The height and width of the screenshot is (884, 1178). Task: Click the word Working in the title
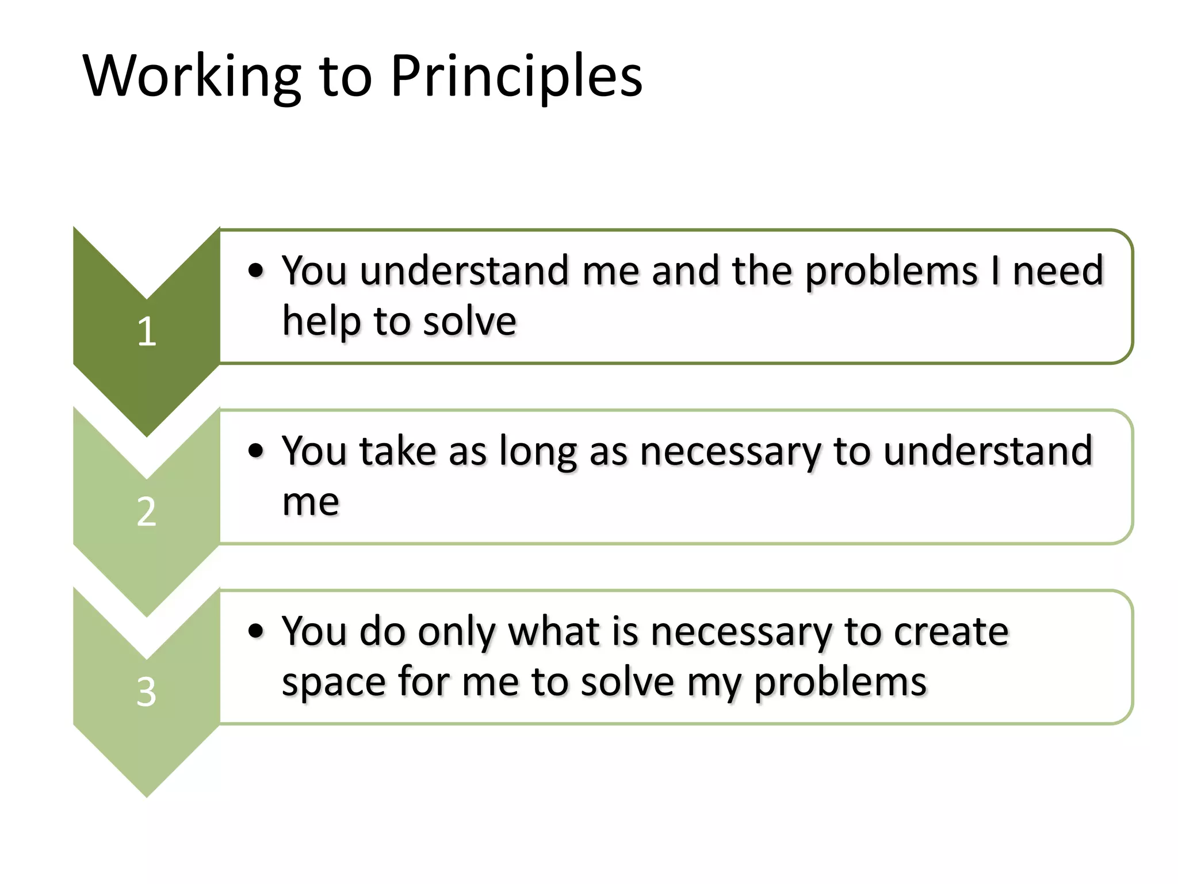[192, 77]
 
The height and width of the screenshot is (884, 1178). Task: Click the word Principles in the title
[516, 77]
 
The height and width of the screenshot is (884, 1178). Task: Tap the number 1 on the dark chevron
[147, 332]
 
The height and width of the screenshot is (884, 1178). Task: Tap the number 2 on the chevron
[147, 512]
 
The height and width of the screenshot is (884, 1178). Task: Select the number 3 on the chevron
[147, 692]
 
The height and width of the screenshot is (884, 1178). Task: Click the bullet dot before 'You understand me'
[256, 270]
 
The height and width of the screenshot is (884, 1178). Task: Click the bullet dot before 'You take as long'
[256, 451]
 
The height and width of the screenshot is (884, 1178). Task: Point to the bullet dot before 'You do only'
[256, 631]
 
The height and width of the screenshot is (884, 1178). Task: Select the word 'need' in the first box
[1057, 270]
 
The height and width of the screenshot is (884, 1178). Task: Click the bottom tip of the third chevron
[147, 794]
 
